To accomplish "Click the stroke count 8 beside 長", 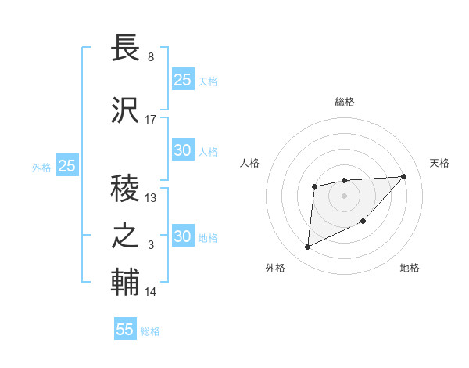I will pyautogui.click(x=150, y=57).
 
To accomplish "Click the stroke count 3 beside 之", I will pyautogui.click(x=151, y=246).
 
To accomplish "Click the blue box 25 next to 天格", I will pyautogui.click(x=182, y=79).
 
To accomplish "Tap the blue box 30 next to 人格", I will pyautogui.click(x=182, y=150).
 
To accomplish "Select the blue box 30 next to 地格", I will pyautogui.click(x=182, y=236).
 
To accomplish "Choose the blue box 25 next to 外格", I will pyautogui.click(x=66, y=166).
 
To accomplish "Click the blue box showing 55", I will pyautogui.click(x=125, y=329).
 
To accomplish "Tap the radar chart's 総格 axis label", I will pyautogui.click(x=344, y=102).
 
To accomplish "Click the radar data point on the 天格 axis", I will pyautogui.click(x=403, y=176).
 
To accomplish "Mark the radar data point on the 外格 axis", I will pyautogui.click(x=307, y=247).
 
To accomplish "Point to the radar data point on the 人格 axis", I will pyautogui.click(x=314, y=186).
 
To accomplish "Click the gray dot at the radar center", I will pyautogui.click(x=344, y=195).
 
